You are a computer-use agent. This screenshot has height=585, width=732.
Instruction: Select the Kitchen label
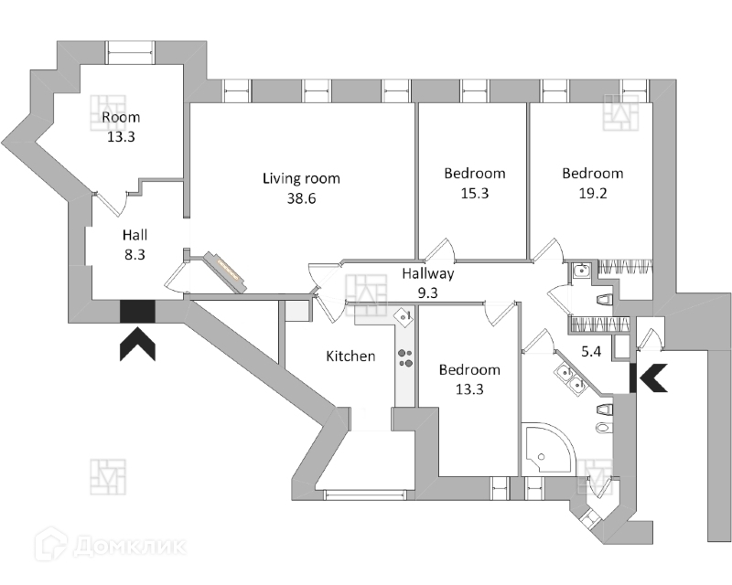[x=350, y=356]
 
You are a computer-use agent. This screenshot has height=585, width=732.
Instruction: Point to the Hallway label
[x=427, y=273]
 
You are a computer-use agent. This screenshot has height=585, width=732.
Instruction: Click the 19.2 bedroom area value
[x=592, y=193]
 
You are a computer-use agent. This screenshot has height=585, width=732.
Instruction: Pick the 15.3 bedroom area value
[x=474, y=193]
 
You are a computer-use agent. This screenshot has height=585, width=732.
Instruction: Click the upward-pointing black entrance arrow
[x=137, y=346]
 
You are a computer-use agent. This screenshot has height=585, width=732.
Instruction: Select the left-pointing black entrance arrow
[x=651, y=376]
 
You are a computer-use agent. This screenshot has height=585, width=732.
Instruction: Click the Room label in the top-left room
[x=120, y=118]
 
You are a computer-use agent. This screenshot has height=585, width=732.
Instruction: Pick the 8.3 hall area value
[x=135, y=256]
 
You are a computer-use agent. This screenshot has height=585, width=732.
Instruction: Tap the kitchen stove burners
[x=406, y=357]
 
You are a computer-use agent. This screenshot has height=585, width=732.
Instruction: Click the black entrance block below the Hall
[x=137, y=312]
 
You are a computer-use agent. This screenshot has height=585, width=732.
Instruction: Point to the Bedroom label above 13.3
[x=469, y=370]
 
